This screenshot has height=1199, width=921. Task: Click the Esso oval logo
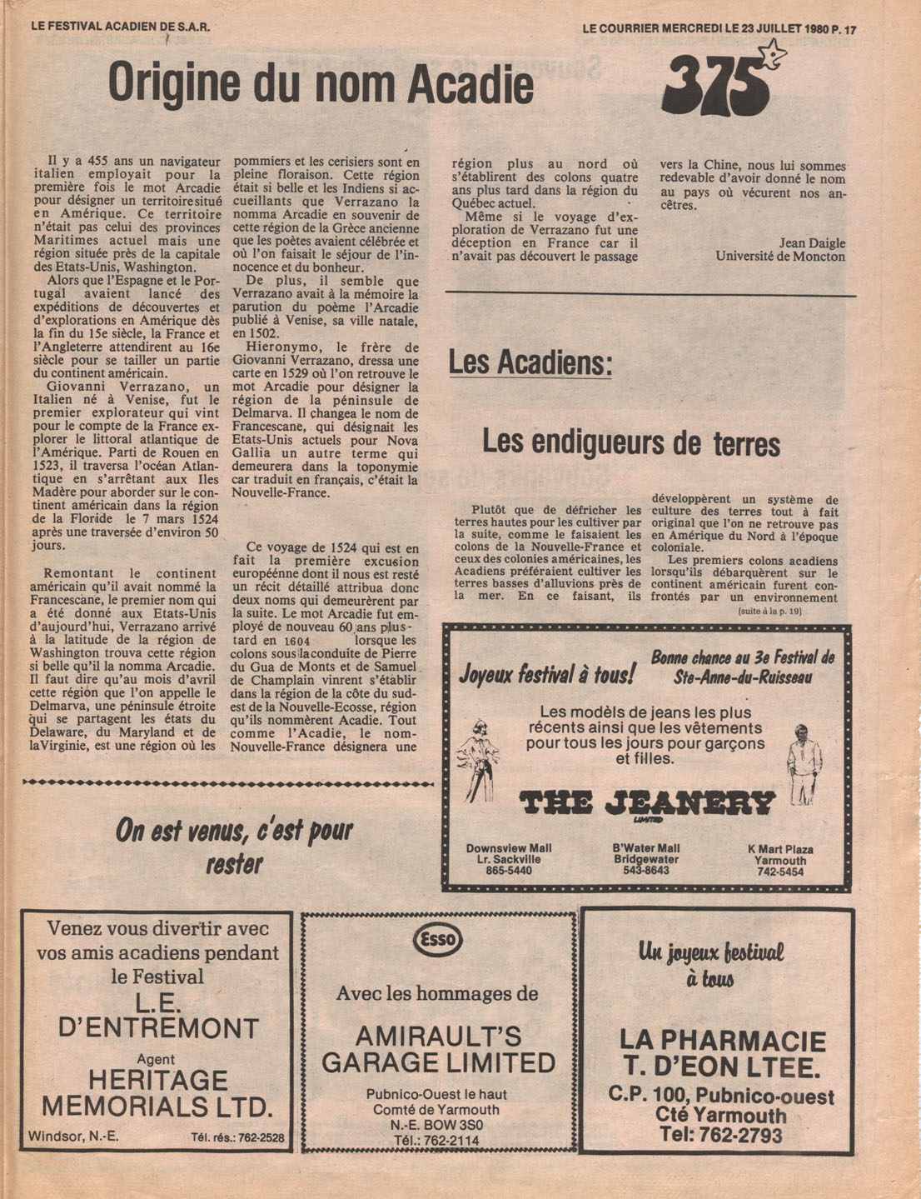click(x=438, y=940)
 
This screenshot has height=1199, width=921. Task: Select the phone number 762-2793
click(x=721, y=1135)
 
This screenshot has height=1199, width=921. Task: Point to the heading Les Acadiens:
click(x=530, y=363)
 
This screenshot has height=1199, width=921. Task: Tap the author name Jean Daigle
click(x=812, y=243)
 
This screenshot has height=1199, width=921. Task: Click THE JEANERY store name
click(x=647, y=803)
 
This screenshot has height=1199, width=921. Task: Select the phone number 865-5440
click(x=508, y=871)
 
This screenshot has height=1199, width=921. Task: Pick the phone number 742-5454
click(x=780, y=872)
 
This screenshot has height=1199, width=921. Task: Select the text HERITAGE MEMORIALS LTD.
click(x=157, y=1093)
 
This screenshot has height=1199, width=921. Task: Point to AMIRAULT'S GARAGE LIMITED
click(x=438, y=1050)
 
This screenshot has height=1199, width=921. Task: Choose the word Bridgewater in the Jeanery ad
click(x=645, y=859)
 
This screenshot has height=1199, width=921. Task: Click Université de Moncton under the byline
click(x=780, y=257)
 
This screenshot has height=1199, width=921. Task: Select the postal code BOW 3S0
click(x=448, y=1125)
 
